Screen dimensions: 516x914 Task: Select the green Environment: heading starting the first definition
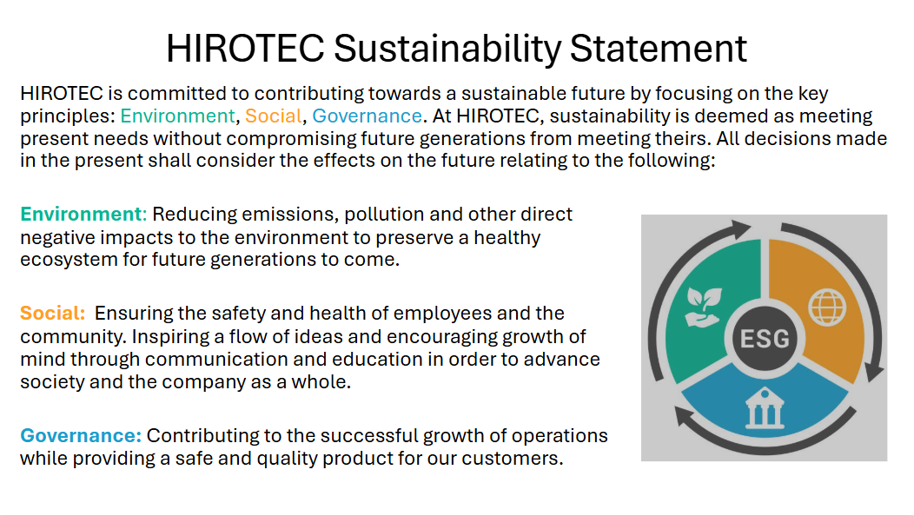(84, 214)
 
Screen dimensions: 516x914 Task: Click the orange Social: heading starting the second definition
(53, 313)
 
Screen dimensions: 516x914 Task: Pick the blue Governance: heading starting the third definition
(81, 435)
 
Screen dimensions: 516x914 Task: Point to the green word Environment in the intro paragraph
(177, 116)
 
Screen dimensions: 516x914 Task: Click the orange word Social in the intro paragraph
(273, 116)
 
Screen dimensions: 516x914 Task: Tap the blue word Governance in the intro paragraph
(367, 116)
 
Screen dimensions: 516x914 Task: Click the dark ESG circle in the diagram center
(764, 337)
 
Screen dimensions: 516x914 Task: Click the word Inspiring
(189, 336)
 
